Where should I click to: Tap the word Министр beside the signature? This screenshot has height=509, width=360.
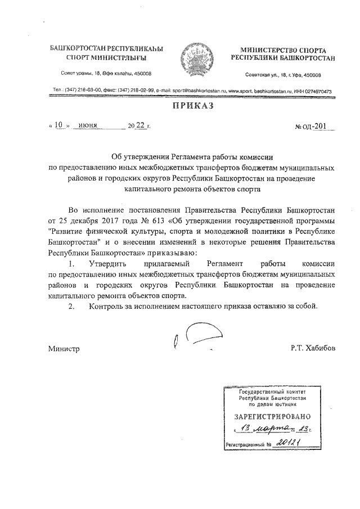coord(64,349)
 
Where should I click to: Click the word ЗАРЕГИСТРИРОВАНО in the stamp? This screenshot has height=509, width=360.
coord(272,417)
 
